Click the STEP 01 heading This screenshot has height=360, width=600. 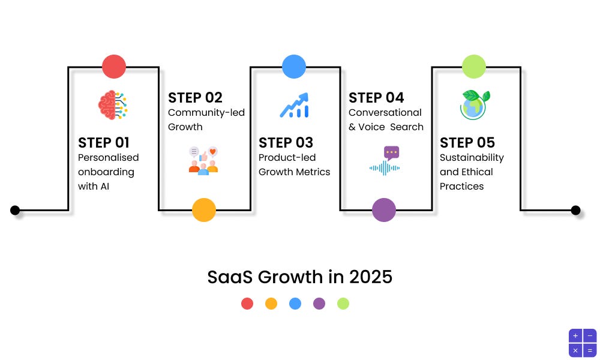pyautogui.click(x=104, y=143)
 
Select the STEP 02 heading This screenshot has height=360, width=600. pyautogui.click(x=195, y=98)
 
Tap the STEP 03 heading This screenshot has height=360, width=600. pyautogui.click(x=286, y=143)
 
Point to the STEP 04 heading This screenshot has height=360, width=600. pyautogui.click(x=376, y=98)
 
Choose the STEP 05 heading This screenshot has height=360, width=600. pyautogui.click(x=467, y=143)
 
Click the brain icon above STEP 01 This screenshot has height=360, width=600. pyautogui.click(x=113, y=105)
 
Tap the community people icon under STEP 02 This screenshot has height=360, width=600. pyautogui.click(x=203, y=160)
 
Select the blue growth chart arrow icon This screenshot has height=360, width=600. pyautogui.click(x=294, y=105)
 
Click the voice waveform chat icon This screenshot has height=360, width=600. pyautogui.click(x=385, y=160)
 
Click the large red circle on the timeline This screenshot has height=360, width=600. pyautogui.click(x=114, y=67)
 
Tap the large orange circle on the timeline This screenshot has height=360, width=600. pyautogui.click(x=204, y=210)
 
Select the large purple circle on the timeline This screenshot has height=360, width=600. pyautogui.click(x=384, y=210)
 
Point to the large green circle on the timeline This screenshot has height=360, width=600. pyautogui.click(x=474, y=67)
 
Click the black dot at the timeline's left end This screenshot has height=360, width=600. pyautogui.click(x=15, y=210)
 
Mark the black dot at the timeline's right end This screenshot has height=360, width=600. pyautogui.click(x=575, y=210)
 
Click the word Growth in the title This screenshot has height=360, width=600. pyautogui.click(x=281, y=277)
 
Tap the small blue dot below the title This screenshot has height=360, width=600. pyautogui.click(x=295, y=304)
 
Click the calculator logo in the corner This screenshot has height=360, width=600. pyautogui.click(x=582, y=343)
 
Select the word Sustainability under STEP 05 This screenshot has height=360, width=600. pyautogui.click(x=472, y=158)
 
